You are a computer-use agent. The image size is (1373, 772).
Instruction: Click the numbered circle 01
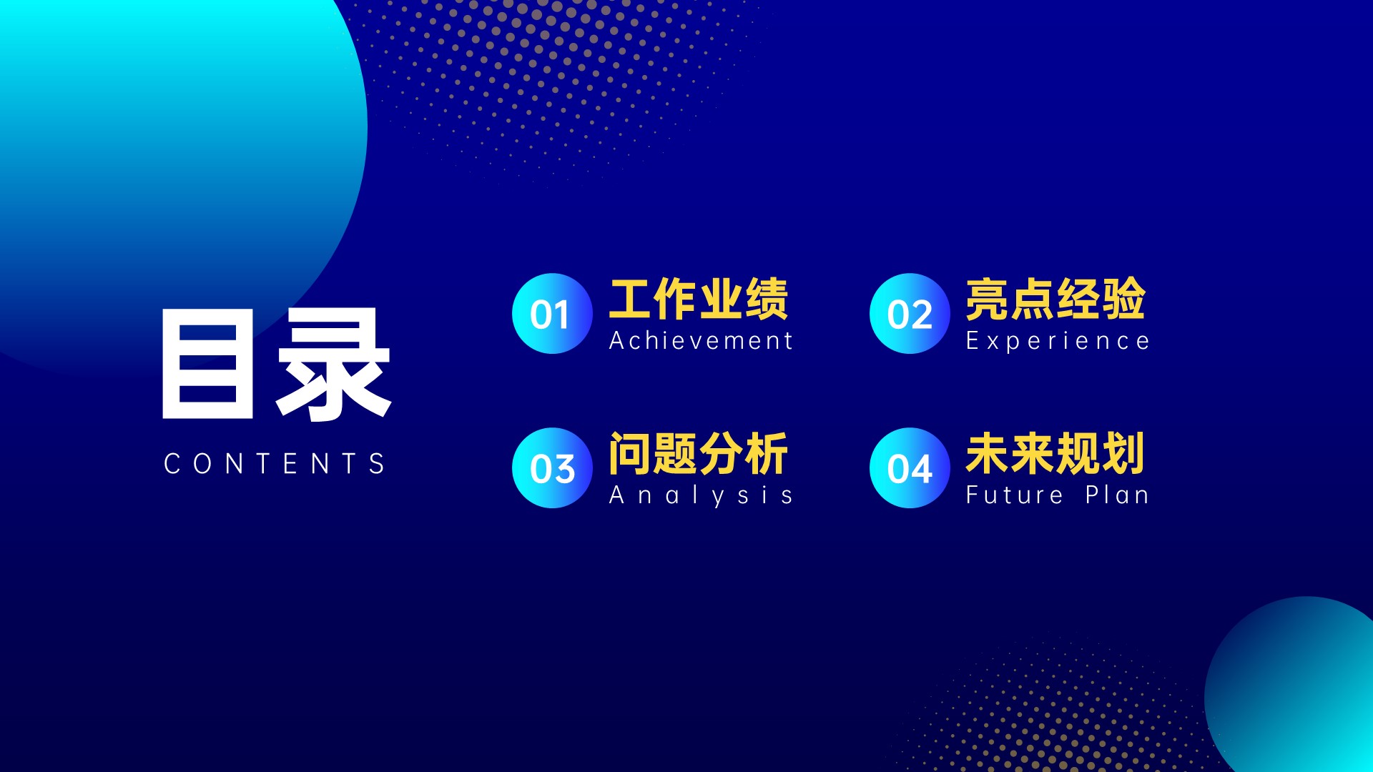tap(552, 313)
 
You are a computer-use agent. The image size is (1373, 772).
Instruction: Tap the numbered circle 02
tap(910, 313)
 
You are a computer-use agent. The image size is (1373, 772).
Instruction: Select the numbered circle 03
tap(552, 467)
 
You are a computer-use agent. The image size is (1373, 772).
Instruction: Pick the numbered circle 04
tap(910, 467)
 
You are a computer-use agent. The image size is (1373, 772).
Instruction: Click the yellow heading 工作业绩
tap(699, 299)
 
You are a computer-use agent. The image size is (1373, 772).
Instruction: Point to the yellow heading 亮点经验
tap(1055, 299)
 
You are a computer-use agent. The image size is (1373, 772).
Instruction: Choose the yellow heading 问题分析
tap(699, 453)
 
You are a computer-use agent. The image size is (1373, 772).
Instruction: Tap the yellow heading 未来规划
tap(1055, 453)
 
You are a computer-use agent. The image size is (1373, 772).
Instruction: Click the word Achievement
tap(701, 340)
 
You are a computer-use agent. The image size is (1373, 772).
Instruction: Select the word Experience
tap(1058, 341)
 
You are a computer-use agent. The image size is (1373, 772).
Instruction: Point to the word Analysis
tap(701, 495)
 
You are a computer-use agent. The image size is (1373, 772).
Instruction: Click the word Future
tap(1014, 495)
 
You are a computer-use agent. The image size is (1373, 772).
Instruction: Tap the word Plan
tap(1117, 494)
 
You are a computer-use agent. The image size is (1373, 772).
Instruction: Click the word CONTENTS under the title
tap(275, 463)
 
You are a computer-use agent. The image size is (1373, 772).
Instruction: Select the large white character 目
tap(208, 363)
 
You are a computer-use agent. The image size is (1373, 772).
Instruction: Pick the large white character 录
tap(333, 365)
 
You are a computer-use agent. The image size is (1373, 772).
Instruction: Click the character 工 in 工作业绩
tap(630, 300)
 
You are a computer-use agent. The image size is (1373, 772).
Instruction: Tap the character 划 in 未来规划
tap(1123, 453)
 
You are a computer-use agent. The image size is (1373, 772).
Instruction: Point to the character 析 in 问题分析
tap(767, 453)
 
